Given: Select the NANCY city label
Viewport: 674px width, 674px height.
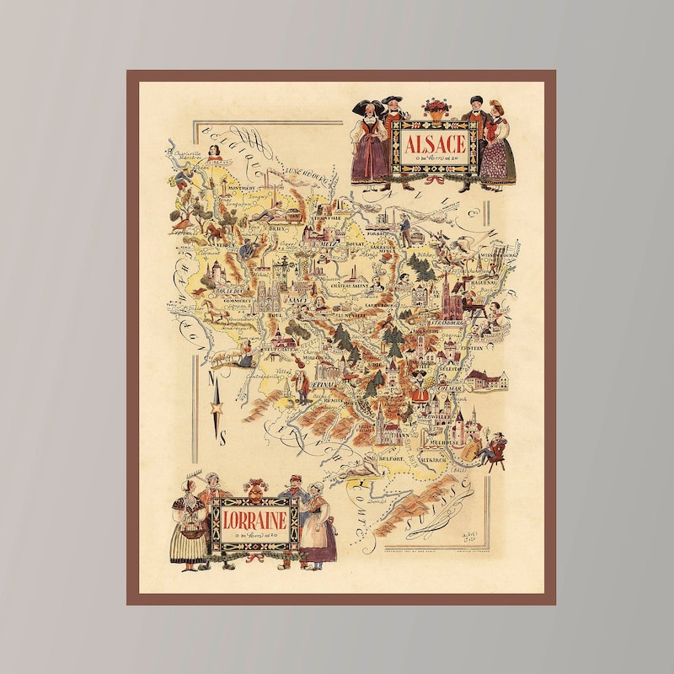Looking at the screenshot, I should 294,298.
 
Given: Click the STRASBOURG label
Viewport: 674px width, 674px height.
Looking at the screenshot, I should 447,321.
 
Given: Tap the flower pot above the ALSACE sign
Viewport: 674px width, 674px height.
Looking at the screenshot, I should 436,108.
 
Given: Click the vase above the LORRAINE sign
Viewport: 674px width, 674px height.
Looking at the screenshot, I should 254,489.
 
